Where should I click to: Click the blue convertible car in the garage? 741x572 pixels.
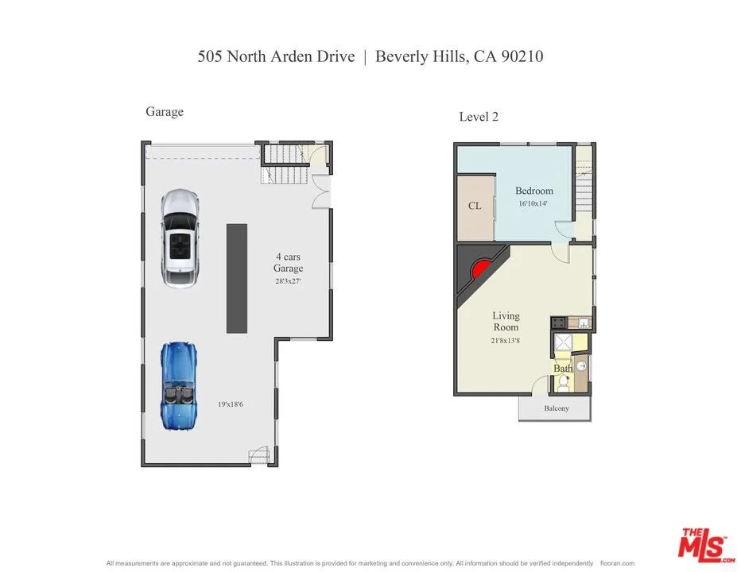tap(178, 386)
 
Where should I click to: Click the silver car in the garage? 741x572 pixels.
tap(180, 238)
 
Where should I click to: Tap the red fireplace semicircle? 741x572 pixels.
tap(481, 269)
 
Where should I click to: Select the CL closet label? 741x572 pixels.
tap(475, 206)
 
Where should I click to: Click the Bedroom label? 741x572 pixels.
tap(534, 191)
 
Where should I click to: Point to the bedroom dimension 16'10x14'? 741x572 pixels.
tap(533, 203)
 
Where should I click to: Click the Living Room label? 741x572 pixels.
tap(506, 321)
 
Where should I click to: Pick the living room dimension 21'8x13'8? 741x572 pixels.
tap(505, 340)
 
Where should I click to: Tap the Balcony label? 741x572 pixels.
tap(557, 408)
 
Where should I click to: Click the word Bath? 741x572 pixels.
tap(563, 368)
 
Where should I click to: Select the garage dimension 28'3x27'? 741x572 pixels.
tap(288, 281)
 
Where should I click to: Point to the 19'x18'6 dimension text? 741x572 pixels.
tap(231, 404)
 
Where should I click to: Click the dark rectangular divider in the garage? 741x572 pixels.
tap(237, 279)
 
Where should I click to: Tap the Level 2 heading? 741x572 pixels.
tap(479, 117)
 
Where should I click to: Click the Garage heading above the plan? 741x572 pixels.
tap(165, 112)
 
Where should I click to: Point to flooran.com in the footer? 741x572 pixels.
tap(617, 563)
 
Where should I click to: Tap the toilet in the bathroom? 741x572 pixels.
tap(562, 384)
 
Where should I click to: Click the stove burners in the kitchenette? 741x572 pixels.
tap(559, 323)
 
